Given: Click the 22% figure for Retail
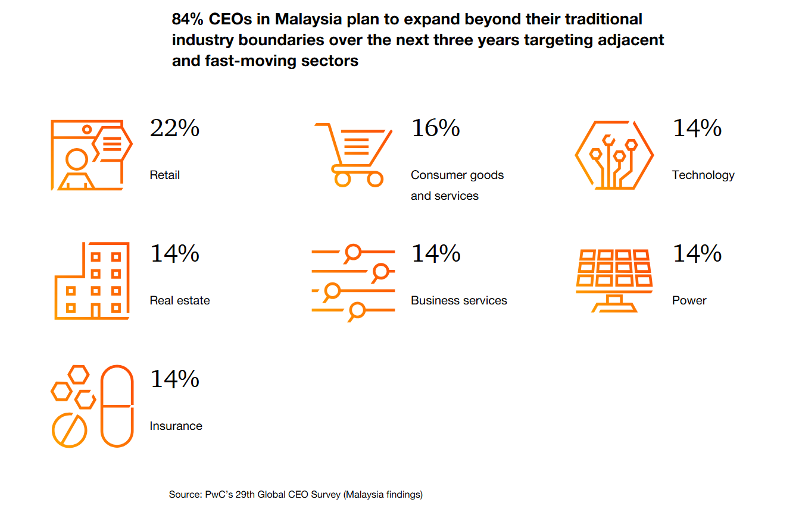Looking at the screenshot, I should pyautogui.click(x=174, y=128).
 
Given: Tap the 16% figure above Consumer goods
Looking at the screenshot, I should pyautogui.click(x=435, y=128).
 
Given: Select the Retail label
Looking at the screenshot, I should pyautogui.click(x=165, y=175).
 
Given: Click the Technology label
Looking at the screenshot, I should pyautogui.click(x=703, y=175).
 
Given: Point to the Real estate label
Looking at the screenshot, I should pyautogui.click(x=180, y=300).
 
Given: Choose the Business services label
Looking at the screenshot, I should pyautogui.click(x=458, y=300).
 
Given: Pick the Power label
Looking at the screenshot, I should pyautogui.click(x=689, y=300).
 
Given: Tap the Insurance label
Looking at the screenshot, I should pyautogui.click(x=176, y=426).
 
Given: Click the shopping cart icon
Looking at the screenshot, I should pyautogui.click(x=354, y=155).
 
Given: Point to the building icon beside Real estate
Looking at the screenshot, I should pyautogui.click(x=92, y=281).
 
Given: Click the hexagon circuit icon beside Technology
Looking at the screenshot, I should pyautogui.click(x=614, y=156).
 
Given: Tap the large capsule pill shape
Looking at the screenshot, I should pyautogui.click(x=117, y=406).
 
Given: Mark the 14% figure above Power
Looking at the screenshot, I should pyautogui.click(x=697, y=254).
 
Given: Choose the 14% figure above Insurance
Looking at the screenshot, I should pyautogui.click(x=174, y=379).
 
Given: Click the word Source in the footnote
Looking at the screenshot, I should pyautogui.click(x=184, y=494).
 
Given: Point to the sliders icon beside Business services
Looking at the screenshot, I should pyautogui.click(x=353, y=281).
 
